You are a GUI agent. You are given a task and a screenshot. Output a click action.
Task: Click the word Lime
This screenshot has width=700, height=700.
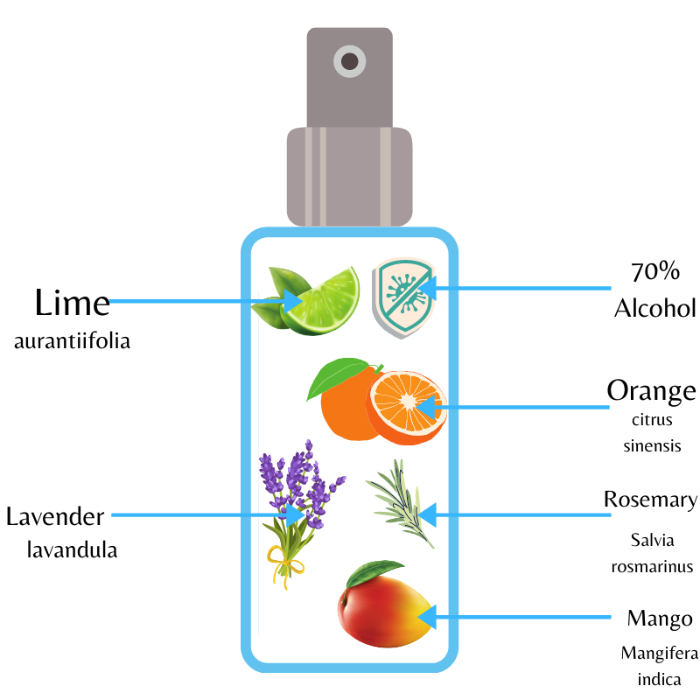(73, 303)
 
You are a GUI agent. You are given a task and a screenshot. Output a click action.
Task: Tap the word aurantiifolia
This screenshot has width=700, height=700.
(72, 341)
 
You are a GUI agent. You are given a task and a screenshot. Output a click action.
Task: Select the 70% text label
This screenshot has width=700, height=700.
(655, 271)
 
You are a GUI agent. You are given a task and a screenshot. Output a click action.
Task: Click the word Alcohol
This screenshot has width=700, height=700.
(654, 308)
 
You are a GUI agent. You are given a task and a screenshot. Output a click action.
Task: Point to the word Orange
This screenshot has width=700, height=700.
(652, 390)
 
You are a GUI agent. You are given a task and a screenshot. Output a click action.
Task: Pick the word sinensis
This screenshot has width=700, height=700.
(652, 445)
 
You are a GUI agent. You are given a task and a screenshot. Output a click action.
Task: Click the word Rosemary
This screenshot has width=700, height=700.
(650, 500)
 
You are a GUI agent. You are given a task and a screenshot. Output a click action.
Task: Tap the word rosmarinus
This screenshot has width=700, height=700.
(652, 566)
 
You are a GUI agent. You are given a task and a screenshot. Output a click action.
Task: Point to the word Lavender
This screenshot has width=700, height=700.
(55, 516)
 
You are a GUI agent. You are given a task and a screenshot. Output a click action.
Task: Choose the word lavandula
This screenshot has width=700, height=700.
(72, 550)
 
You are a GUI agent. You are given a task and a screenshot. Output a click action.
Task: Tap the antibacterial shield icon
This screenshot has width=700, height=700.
(403, 297)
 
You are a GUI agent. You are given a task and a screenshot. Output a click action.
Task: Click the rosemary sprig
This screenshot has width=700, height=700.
(403, 504)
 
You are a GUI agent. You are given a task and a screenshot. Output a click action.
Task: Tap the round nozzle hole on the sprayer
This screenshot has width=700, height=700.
(350, 61)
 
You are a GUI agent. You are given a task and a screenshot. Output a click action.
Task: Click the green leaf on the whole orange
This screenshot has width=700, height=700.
(336, 378)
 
